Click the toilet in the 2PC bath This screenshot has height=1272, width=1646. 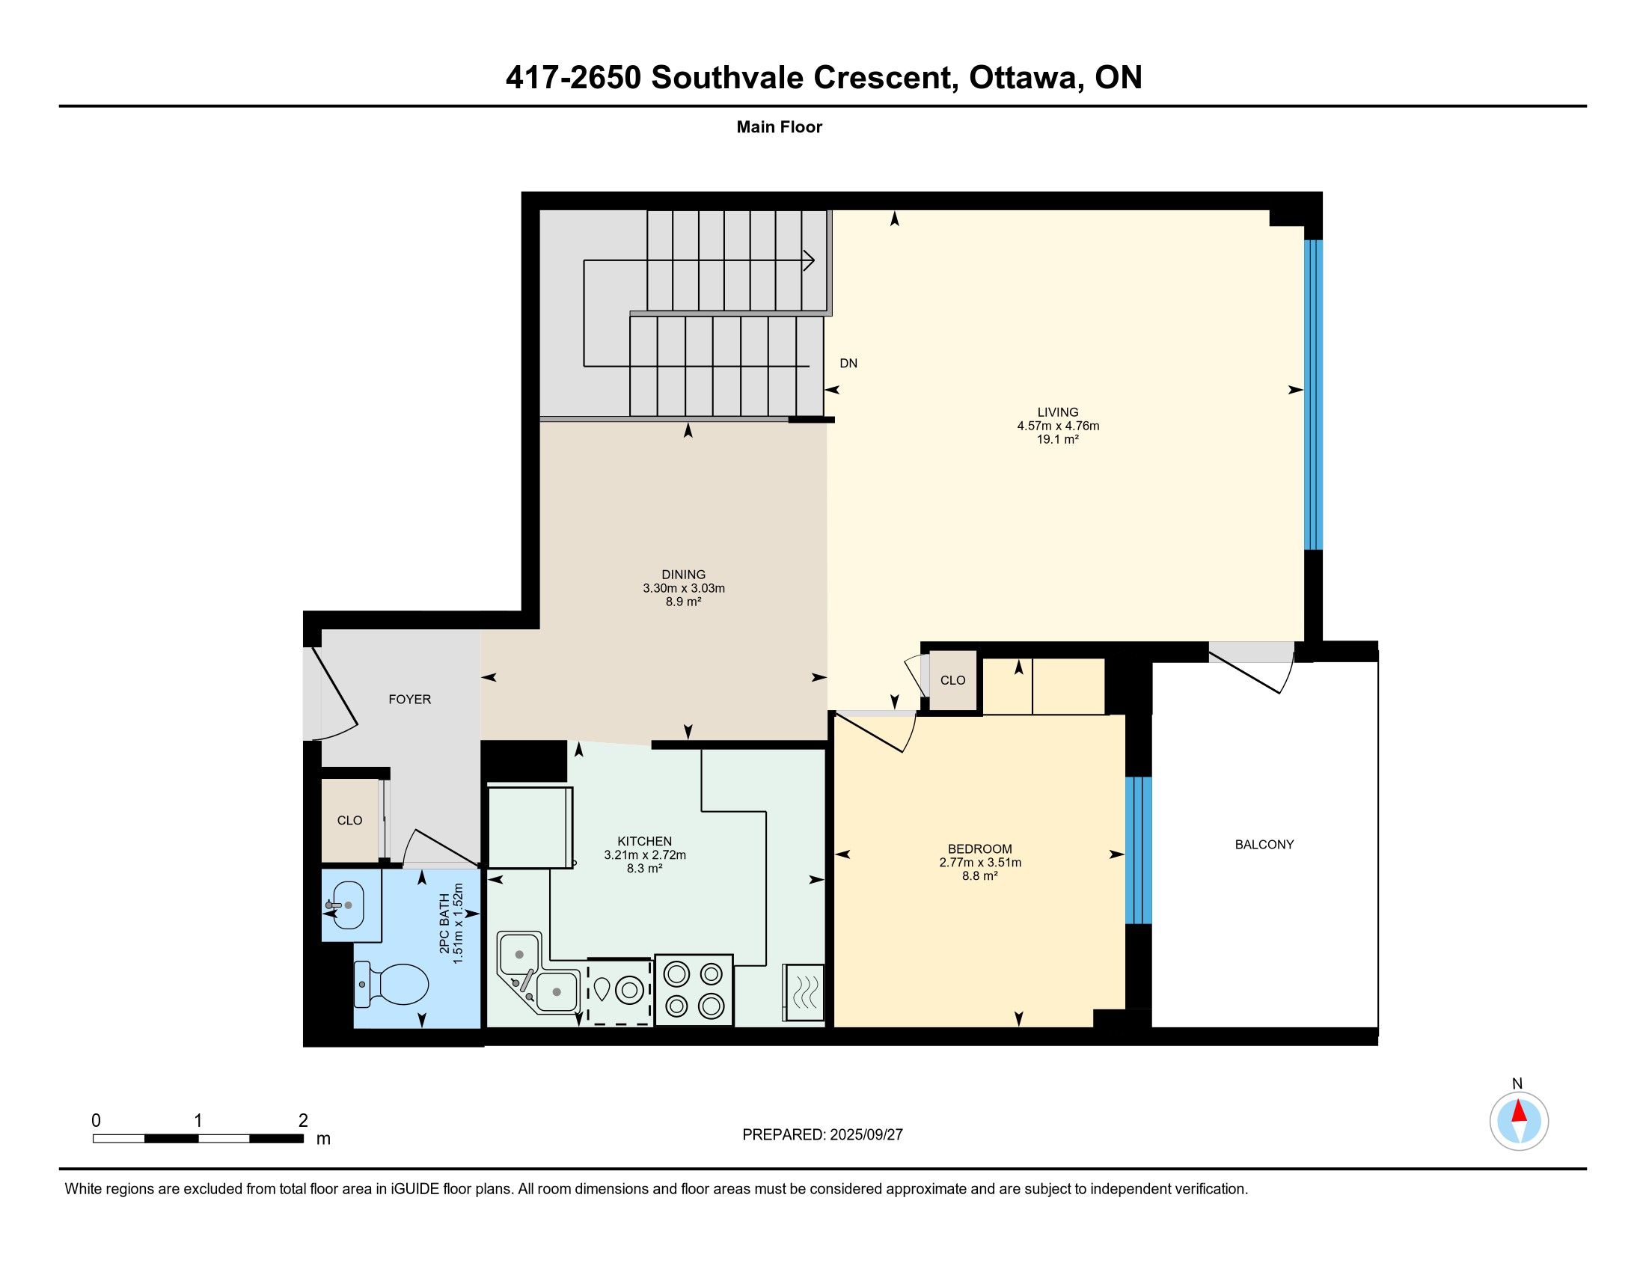391,984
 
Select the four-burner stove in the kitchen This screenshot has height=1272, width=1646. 694,989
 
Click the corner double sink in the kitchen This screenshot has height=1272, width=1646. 537,972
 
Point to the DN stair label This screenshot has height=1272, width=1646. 848,363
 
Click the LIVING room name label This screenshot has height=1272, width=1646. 1058,412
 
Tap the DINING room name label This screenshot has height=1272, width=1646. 684,575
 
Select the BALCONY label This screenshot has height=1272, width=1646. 1264,845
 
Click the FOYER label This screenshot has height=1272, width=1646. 410,700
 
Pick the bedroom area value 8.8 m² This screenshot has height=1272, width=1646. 980,875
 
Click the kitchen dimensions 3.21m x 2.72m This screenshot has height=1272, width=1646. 644,854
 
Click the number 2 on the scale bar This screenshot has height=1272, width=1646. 303,1121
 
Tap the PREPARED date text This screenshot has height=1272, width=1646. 822,1135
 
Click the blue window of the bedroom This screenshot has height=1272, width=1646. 1138,850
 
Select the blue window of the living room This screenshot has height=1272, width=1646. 1313,395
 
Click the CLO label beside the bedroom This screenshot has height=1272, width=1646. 952,680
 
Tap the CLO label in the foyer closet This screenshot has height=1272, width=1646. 349,821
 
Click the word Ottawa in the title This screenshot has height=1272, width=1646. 1024,78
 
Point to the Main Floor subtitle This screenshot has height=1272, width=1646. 780,126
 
